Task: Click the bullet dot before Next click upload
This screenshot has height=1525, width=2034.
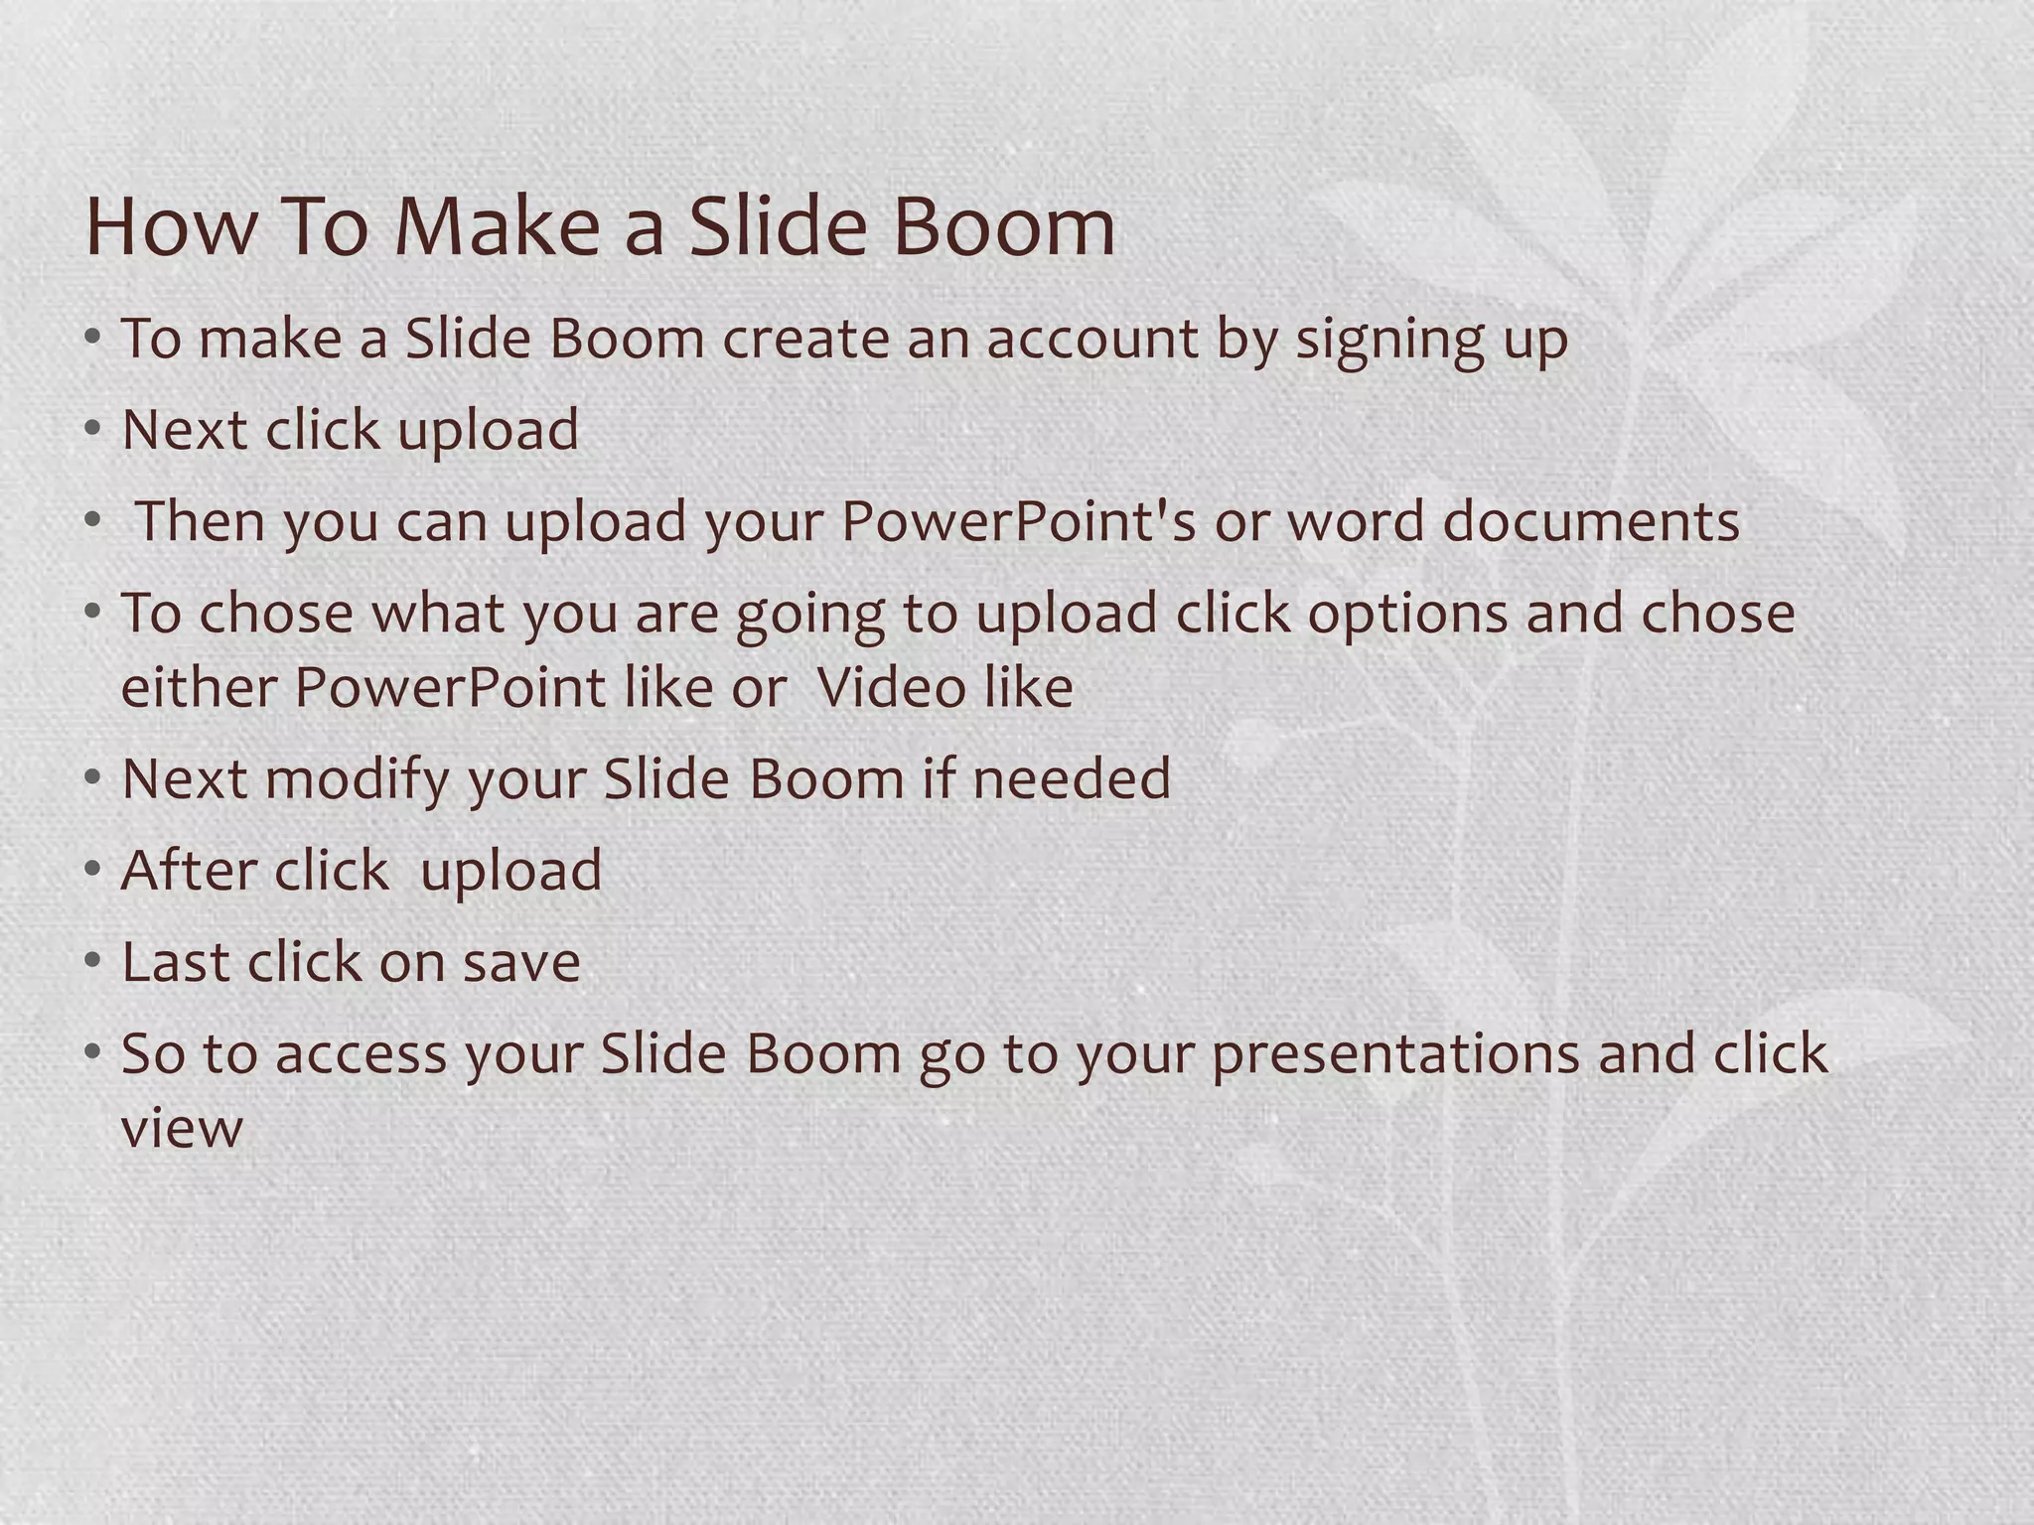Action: pyautogui.click(x=92, y=430)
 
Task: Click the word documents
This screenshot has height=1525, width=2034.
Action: pyautogui.click(x=1591, y=522)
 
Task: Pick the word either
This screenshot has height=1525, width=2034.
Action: pyautogui.click(x=199, y=687)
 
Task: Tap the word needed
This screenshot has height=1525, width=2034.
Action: pyautogui.click(x=1072, y=778)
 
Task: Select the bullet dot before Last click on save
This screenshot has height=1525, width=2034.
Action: pyautogui.click(x=92, y=961)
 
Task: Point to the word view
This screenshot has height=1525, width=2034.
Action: pyautogui.click(x=182, y=1130)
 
